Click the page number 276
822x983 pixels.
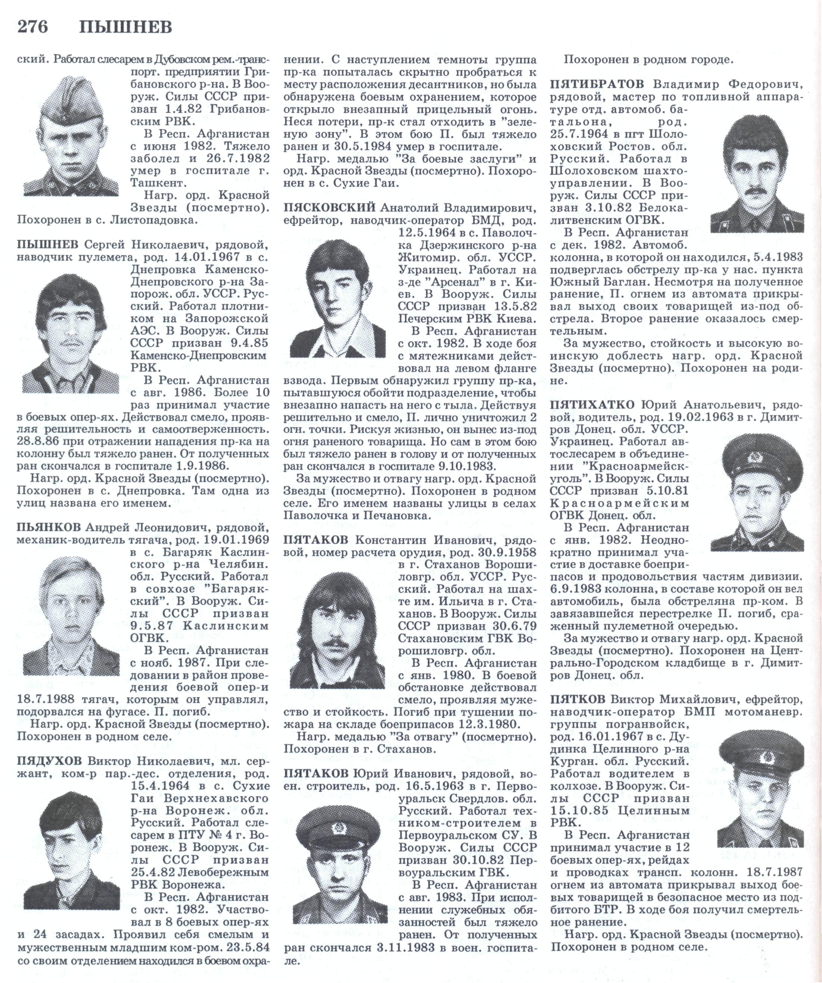point(33,28)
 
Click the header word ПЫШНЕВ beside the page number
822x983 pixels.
point(125,28)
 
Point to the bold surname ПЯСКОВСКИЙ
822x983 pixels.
point(330,207)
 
